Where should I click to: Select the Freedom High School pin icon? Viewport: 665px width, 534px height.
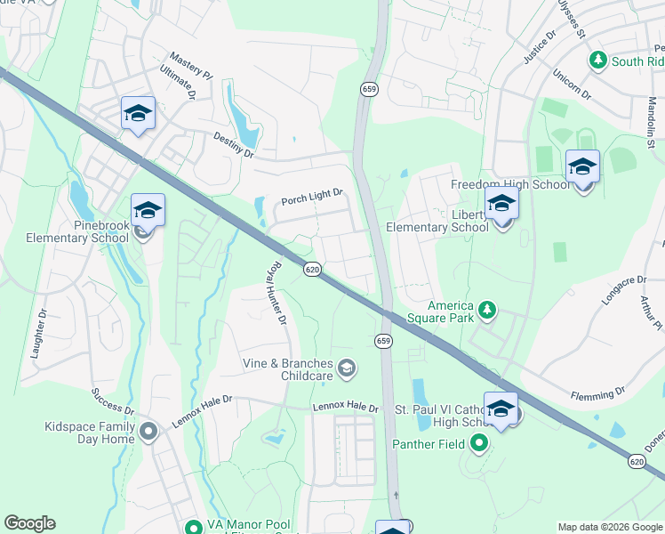pyautogui.click(x=582, y=166)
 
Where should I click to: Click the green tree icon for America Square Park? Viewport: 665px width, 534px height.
pyautogui.click(x=486, y=309)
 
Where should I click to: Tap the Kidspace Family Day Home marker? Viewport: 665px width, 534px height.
pyautogui.click(x=148, y=432)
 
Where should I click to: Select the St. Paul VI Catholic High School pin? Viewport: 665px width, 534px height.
pyautogui.click(x=501, y=409)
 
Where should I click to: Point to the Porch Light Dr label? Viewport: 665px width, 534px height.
pyautogui.click(x=312, y=199)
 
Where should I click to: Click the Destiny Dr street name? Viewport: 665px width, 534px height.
pyautogui.click(x=233, y=145)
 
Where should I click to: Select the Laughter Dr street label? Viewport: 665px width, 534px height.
pyautogui.click(x=38, y=335)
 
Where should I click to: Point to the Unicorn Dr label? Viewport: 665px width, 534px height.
pyautogui.click(x=571, y=83)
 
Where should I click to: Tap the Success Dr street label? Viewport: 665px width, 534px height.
pyautogui.click(x=111, y=401)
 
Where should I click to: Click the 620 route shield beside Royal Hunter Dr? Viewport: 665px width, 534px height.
pyautogui.click(x=311, y=269)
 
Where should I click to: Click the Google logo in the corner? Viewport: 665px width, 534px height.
pyautogui.click(x=29, y=523)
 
